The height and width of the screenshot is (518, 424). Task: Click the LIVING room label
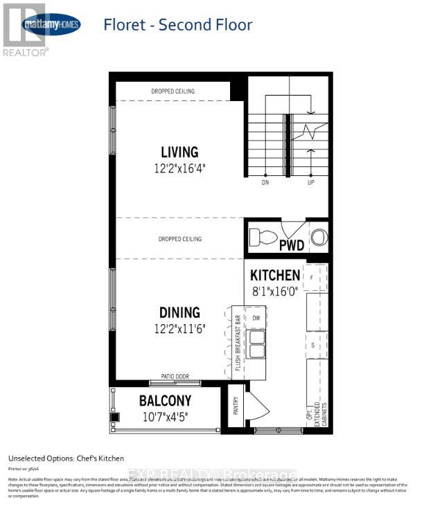(179, 152)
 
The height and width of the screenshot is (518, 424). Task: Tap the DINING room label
(179, 313)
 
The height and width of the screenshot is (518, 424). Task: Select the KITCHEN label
(275, 275)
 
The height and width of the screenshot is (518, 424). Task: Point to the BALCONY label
(165, 401)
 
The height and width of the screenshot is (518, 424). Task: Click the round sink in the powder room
(317, 237)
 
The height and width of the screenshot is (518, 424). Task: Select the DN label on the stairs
(265, 184)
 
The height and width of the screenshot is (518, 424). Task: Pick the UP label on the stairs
(310, 184)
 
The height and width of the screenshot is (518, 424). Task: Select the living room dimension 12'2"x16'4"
(179, 168)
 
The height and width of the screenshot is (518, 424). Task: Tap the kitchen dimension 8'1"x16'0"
(275, 291)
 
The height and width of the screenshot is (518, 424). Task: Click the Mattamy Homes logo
(51, 26)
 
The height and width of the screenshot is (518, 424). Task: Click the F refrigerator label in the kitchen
(312, 278)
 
